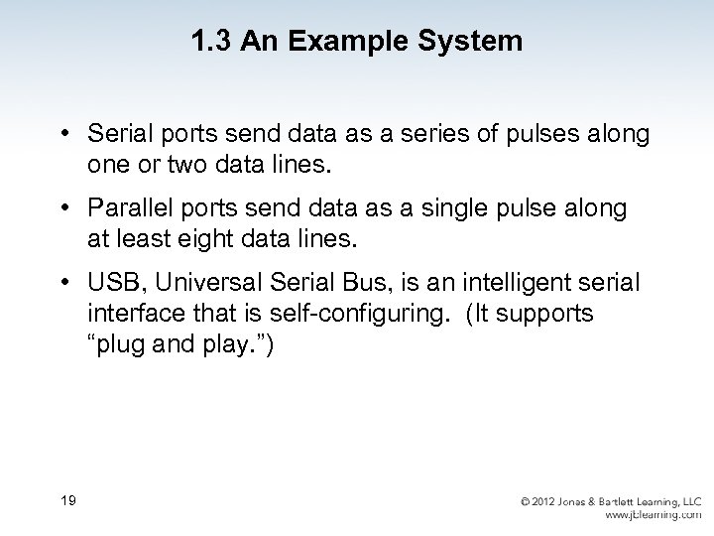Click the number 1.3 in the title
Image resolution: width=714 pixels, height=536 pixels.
click(x=209, y=42)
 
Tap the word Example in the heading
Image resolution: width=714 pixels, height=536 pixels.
click(x=318, y=42)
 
